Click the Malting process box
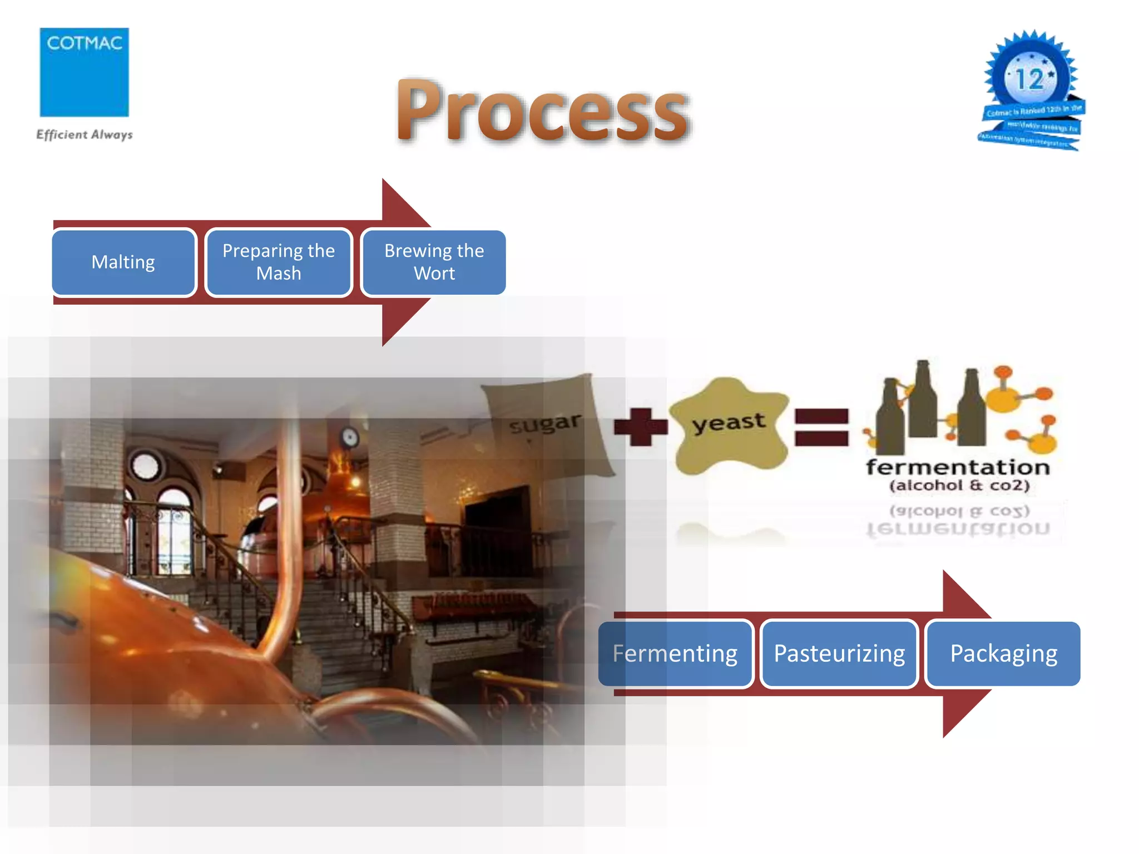123,262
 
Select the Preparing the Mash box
279,262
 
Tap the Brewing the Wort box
434,262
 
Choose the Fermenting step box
675,653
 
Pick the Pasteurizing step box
839,653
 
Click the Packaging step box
1003,653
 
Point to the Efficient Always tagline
84,135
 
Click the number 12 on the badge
1029,79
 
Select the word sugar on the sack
545,424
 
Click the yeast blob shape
729,425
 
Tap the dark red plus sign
641,427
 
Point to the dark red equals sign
821,427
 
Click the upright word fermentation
958,467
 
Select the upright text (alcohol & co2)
959,485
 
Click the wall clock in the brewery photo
350,438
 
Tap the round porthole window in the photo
146,464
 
